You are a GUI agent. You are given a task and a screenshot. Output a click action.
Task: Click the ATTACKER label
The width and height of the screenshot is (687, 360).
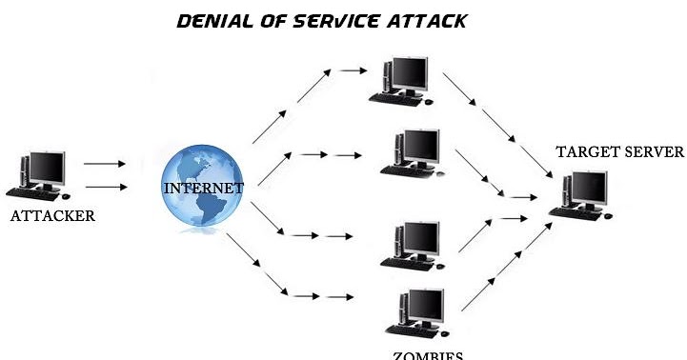coord(52,216)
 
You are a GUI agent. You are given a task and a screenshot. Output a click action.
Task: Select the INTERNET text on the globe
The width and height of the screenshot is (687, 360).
coord(204,188)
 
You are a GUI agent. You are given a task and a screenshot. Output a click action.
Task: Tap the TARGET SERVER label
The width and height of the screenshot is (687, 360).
coord(620,152)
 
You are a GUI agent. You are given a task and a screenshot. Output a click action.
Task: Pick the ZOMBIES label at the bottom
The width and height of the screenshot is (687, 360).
coord(426,355)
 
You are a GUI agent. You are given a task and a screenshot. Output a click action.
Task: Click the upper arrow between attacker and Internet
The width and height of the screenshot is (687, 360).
coord(105,164)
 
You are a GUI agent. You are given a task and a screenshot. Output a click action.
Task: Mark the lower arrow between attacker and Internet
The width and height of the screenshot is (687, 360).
coord(105,187)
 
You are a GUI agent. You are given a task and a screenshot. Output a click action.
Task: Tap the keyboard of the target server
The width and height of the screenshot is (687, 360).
coord(577,213)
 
